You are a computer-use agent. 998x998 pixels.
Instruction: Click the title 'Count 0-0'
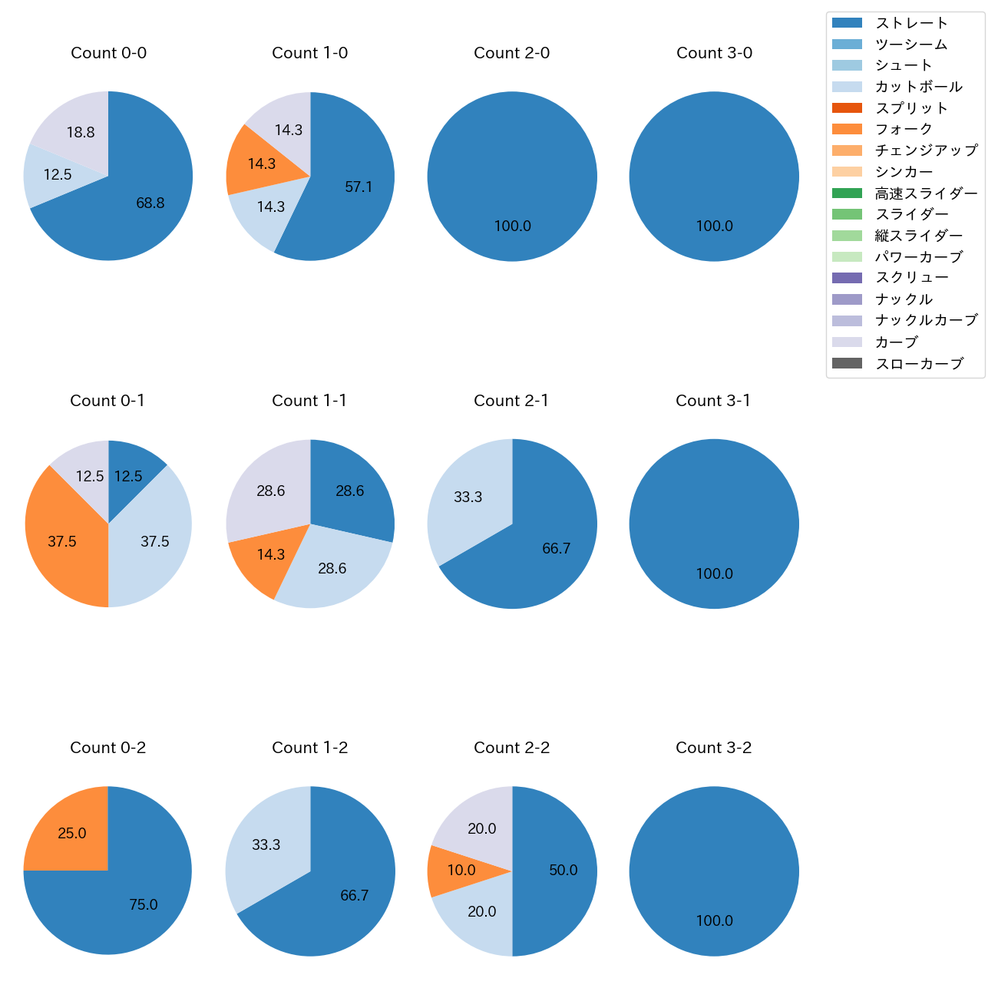tap(108, 53)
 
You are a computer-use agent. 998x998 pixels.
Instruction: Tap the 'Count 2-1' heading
tap(511, 401)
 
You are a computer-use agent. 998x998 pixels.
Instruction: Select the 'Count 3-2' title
tap(713, 748)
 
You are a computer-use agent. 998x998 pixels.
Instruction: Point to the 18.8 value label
tap(81, 133)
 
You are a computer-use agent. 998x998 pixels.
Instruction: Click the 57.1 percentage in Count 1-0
tap(359, 187)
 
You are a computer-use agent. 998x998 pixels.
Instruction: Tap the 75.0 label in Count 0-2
tap(144, 905)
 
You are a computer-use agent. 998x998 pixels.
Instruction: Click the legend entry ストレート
tap(911, 23)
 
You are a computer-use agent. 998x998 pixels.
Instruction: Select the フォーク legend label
tap(904, 129)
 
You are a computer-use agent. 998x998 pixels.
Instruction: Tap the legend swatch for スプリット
tap(847, 108)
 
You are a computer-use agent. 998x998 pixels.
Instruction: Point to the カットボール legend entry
tap(918, 87)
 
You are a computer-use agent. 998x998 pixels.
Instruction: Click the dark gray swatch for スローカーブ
tap(847, 363)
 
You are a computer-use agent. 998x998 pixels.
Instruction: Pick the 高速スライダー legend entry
tap(926, 193)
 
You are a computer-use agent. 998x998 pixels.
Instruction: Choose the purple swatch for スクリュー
tap(847, 278)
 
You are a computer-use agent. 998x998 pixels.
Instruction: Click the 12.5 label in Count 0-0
tap(58, 175)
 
